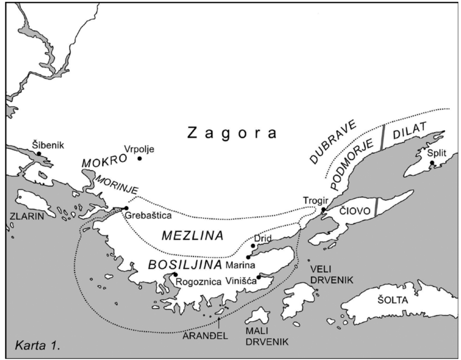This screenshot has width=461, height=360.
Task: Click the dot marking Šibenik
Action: click(x=39, y=154)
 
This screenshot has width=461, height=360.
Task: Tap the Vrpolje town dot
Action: click(x=140, y=158)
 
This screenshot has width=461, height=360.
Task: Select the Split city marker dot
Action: click(x=432, y=163)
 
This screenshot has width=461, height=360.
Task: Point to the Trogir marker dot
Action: click(x=323, y=209)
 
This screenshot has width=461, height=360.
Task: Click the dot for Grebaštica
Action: click(x=126, y=208)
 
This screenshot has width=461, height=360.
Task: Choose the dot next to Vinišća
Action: click(x=258, y=277)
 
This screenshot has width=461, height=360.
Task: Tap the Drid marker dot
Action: click(x=253, y=246)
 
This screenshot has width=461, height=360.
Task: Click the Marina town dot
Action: click(x=248, y=257)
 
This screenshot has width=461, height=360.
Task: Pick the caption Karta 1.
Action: click(x=38, y=346)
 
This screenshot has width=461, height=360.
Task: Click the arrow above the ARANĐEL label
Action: click(x=219, y=320)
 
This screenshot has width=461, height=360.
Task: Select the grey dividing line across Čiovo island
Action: click(x=376, y=207)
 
